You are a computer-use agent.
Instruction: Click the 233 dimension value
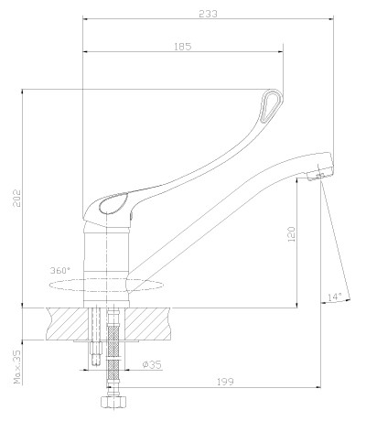[209, 14]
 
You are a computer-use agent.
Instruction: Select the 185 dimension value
[183, 47]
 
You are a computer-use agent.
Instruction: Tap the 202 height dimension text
[16, 198]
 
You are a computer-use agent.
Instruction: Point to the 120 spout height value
[292, 234]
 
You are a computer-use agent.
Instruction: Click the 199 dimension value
[225, 382]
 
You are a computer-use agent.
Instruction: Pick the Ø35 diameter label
[152, 364]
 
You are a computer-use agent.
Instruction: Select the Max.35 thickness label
[17, 367]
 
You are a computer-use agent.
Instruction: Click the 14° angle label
[335, 297]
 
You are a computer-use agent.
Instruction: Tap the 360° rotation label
[60, 270]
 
